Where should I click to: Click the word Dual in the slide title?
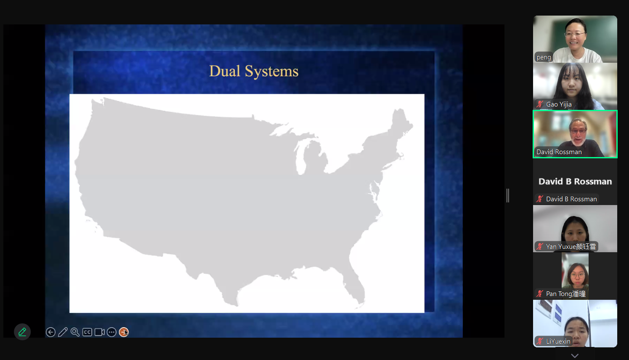(x=225, y=71)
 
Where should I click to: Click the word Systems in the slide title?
(x=271, y=72)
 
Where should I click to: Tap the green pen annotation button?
(x=22, y=332)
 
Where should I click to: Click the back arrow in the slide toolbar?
(x=50, y=332)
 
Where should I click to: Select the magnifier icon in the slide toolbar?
(x=75, y=332)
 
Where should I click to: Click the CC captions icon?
(x=87, y=332)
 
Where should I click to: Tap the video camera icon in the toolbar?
(x=99, y=332)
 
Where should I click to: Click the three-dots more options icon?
(x=111, y=332)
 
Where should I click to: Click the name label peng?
(x=544, y=57)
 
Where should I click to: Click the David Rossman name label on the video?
(x=559, y=152)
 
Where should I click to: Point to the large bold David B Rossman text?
(x=575, y=181)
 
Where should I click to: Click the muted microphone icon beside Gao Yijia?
(x=539, y=104)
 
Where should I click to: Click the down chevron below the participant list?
(x=575, y=356)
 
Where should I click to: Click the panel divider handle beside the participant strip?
(x=508, y=196)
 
